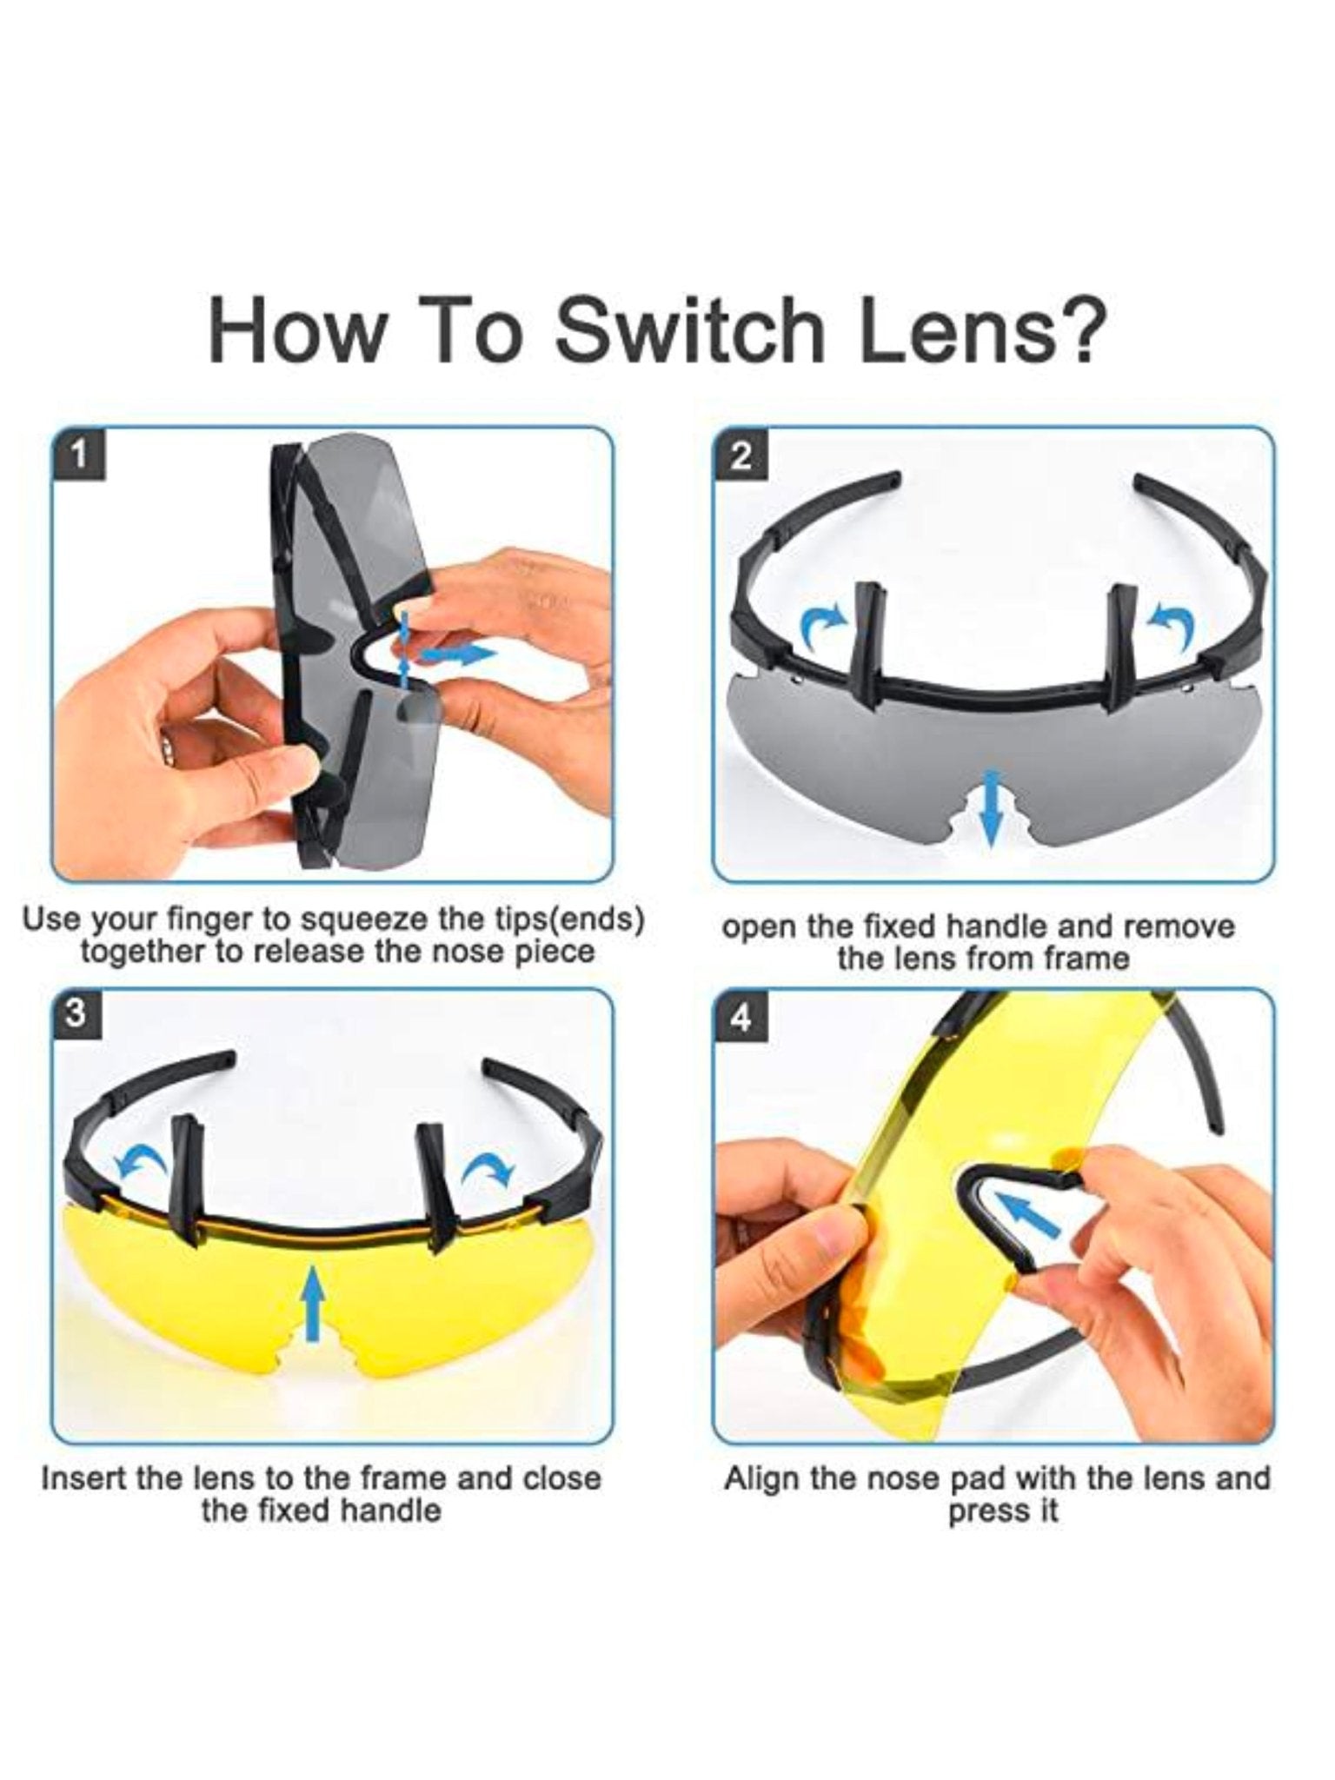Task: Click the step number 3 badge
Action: point(79,1015)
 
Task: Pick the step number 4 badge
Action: point(741,1015)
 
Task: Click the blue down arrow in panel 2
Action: point(989,807)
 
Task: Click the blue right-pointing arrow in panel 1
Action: point(460,654)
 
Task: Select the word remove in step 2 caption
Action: point(1179,927)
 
